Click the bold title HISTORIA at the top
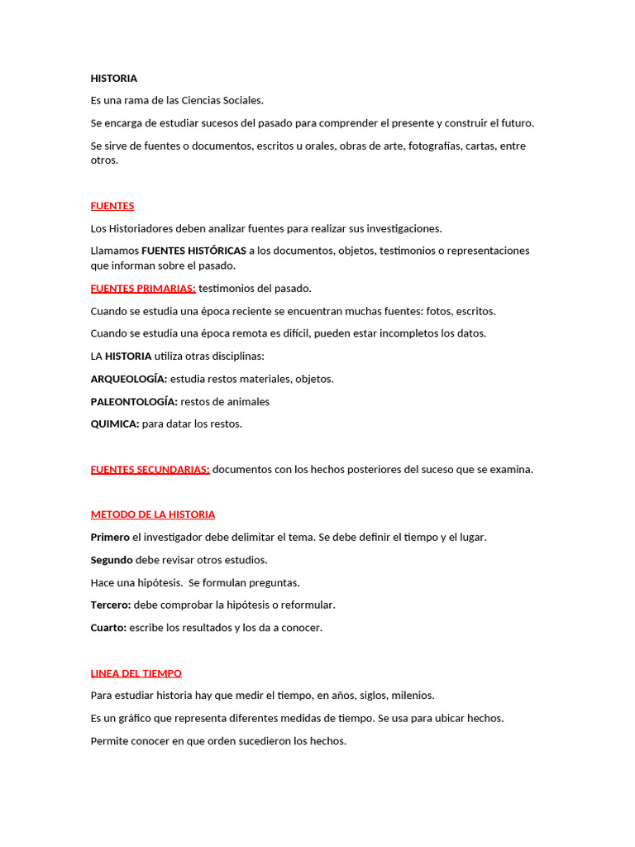(x=113, y=79)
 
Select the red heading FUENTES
(x=112, y=206)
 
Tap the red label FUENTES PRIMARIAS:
(x=143, y=289)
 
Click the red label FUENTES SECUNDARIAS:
(x=150, y=470)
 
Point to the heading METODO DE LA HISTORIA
(x=152, y=514)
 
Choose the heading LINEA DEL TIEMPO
(x=136, y=673)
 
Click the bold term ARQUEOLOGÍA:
(x=128, y=379)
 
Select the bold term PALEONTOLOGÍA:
(x=134, y=402)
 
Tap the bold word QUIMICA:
(x=114, y=424)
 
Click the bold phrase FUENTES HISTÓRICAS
(x=193, y=251)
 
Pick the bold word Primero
(x=110, y=538)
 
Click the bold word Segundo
(x=112, y=560)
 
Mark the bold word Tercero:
(x=111, y=605)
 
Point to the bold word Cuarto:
(x=108, y=628)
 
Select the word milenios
(x=413, y=696)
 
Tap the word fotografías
(x=435, y=146)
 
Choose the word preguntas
(x=271, y=583)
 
